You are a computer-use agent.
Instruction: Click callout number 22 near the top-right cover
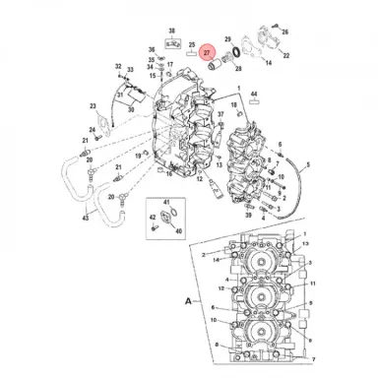click(287, 56)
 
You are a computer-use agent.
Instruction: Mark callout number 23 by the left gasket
click(92, 105)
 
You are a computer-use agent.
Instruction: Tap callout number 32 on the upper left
click(118, 67)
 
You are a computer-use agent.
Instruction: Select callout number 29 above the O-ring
click(228, 38)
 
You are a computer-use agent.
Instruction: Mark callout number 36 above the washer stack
click(153, 48)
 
